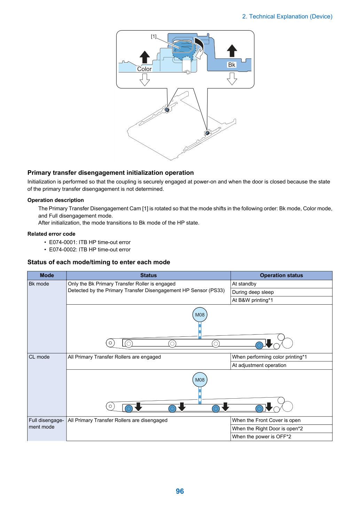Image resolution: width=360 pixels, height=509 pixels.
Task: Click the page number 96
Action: pos(180,491)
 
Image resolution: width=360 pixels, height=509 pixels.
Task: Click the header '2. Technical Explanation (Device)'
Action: pos(287,16)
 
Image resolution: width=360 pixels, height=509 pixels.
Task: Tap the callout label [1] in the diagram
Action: pos(154,36)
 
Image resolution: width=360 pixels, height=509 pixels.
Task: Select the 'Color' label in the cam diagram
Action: pos(144,69)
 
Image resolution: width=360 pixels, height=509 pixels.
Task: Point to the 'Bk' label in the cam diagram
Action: pos(232,65)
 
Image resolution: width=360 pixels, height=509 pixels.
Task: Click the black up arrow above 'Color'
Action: pos(144,57)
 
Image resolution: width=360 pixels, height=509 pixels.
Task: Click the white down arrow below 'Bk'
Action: pos(232,79)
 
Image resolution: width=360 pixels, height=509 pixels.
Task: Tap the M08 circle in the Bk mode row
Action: pos(200,315)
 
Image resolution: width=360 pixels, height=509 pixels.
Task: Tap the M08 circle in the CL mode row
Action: pos(200,380)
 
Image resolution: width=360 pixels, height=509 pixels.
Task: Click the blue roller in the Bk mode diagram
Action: pos(259,345)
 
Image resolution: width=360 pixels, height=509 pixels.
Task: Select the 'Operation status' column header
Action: pos(281,275)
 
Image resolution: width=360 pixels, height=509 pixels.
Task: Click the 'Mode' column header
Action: pos(47,275)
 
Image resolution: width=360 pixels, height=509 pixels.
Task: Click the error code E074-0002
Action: pos(90,250)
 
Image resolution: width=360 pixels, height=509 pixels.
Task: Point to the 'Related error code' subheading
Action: pos(52,234)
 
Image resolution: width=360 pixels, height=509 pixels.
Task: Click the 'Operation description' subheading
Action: pos(56,200)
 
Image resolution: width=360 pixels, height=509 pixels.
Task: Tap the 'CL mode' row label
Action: pos(39,357)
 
